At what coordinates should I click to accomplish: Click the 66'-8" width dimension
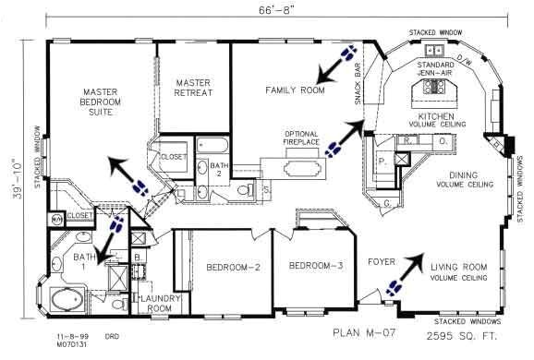pos(266,11)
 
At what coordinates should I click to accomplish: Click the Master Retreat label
pos(194,88)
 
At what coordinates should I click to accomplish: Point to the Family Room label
pos(295,90)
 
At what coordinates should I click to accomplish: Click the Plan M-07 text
pos(356,330)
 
